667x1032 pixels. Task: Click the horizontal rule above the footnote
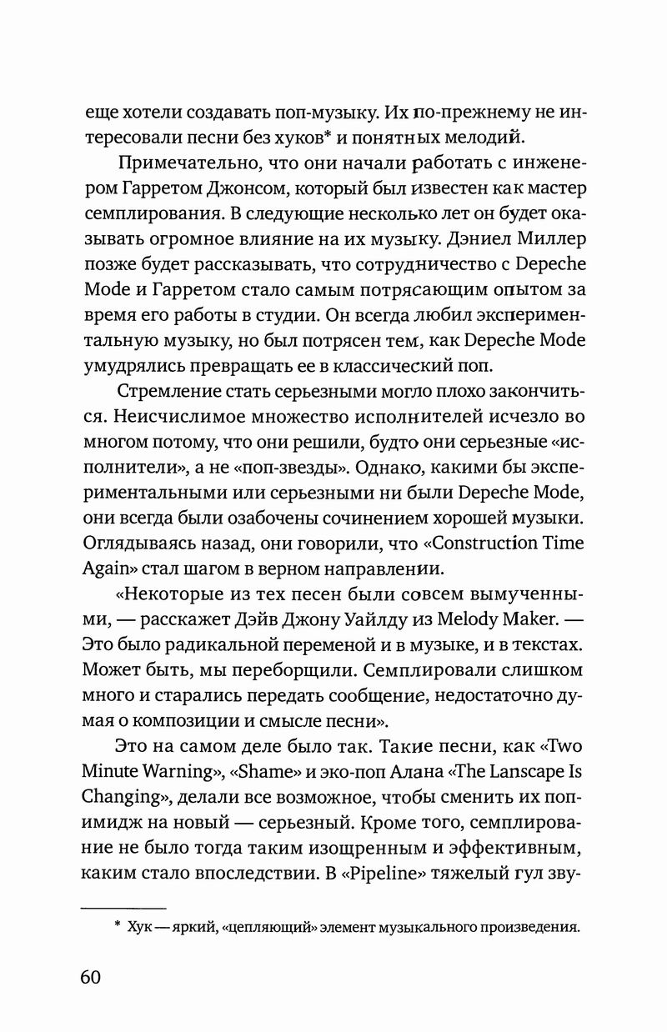(123, 906)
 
